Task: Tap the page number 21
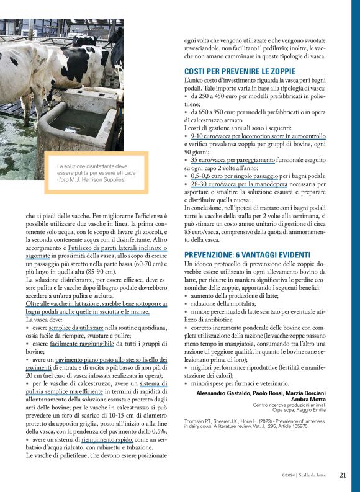click(343, 475)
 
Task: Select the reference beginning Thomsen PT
click(261, 423)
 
